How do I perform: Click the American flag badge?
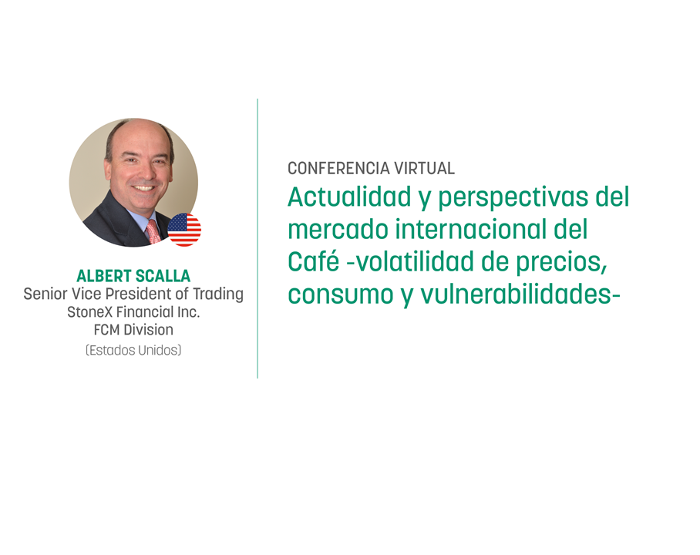(184, 230)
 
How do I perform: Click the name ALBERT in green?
(103, 276)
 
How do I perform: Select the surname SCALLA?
(163, 276)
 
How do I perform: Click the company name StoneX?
(89, 311)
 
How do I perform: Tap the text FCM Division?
(133, 329)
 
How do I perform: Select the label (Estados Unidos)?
(133, 350)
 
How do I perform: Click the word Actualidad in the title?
(349, 197)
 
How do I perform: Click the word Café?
(314, 261)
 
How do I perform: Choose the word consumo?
(341, 294)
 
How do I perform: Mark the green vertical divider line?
(257, 238)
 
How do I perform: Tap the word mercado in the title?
(338, 229)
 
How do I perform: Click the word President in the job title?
(140, 294)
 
